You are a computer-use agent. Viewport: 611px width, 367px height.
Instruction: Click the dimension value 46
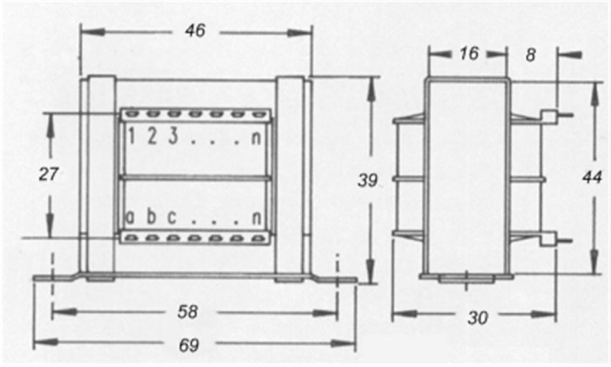point(195,30)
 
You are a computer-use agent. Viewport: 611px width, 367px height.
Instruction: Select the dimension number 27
point(49,174)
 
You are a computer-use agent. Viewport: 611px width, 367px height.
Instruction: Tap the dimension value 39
point(367,180)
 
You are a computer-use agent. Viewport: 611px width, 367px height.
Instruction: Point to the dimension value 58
point(188,311)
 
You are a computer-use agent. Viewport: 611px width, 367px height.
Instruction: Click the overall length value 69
point(189,345)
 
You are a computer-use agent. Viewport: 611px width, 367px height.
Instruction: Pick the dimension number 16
point(469,53)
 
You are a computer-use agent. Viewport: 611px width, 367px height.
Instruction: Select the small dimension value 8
point(531,55)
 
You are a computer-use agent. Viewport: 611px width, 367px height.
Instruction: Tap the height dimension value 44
point(592,178)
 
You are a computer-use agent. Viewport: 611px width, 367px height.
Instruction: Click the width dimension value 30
point(478,318)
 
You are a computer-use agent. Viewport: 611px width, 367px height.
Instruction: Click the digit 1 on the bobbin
point(131,136)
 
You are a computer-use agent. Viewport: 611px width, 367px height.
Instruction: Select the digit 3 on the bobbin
point(173,136)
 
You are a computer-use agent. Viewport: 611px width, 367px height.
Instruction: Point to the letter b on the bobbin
point(151,216)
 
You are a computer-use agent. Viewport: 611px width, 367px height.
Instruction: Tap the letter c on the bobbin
point(172,218)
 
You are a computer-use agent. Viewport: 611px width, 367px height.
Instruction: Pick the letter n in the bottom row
point(256,218)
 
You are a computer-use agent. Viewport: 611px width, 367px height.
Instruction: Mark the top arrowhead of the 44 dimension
point(595,94)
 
